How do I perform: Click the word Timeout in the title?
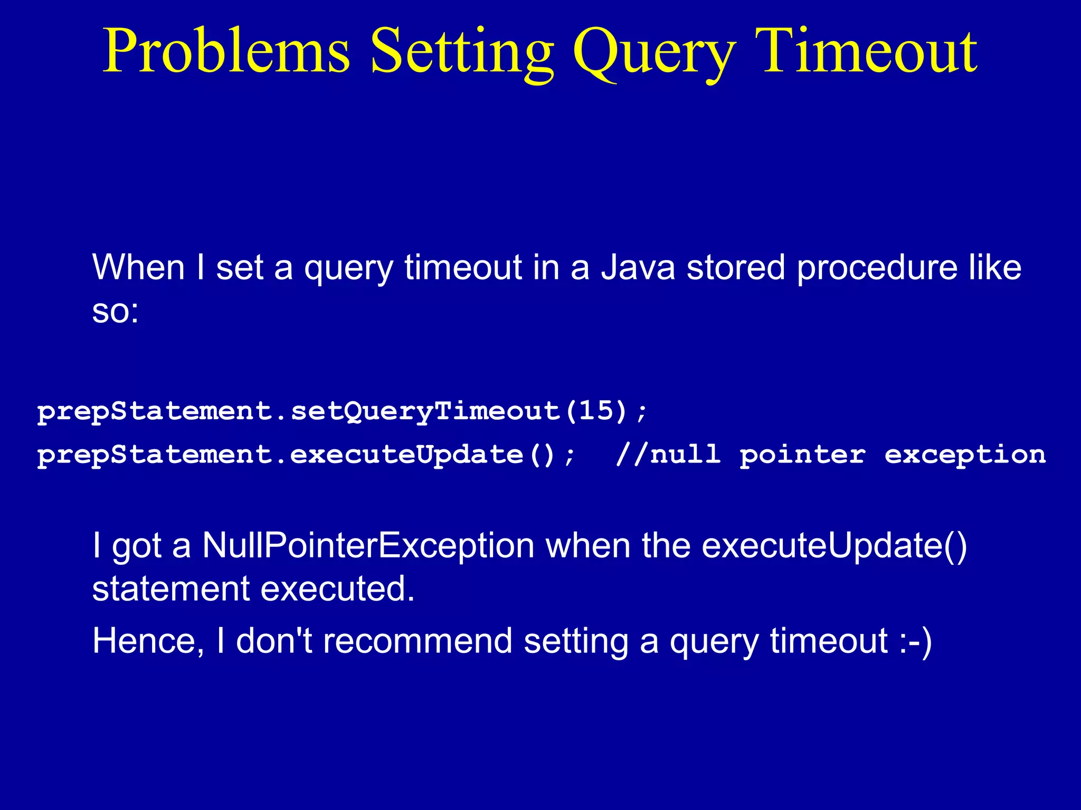click(866, 52)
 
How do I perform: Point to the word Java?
click(638, 267)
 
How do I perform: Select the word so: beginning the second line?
click(115, 311)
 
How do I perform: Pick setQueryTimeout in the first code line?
click(425, 411)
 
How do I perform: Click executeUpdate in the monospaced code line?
click(406, 455)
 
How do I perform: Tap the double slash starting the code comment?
click(631, 455)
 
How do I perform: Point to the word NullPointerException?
click(368, 545)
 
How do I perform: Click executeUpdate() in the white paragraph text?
click(834, 545)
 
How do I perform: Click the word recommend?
click(417, 641)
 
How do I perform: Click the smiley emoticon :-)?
click(916, 641)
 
